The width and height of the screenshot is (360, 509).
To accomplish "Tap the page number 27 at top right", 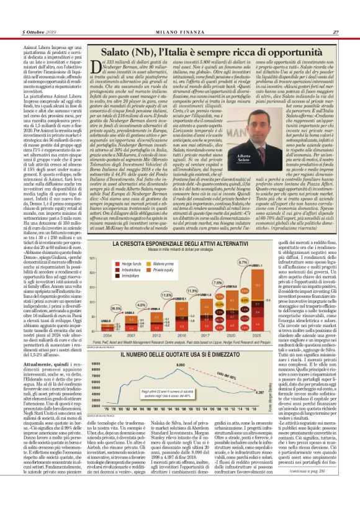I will coord(335,16).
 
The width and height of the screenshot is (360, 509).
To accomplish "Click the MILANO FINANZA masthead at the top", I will coord(179,16).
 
